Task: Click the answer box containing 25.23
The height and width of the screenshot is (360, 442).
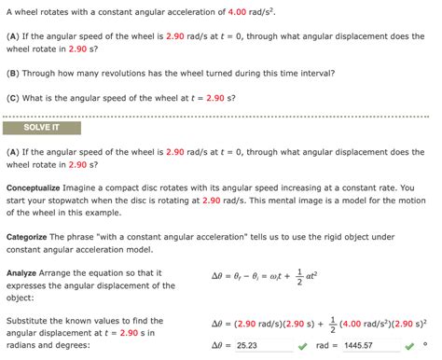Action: tap(266, 345)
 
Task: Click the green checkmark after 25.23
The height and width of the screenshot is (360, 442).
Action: tap(303, 345)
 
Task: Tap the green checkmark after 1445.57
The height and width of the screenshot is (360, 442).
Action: tap(407, 345)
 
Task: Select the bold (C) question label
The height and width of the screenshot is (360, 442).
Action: tap(13, 96)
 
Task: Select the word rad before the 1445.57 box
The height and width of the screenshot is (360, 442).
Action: tap(327, 345)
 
